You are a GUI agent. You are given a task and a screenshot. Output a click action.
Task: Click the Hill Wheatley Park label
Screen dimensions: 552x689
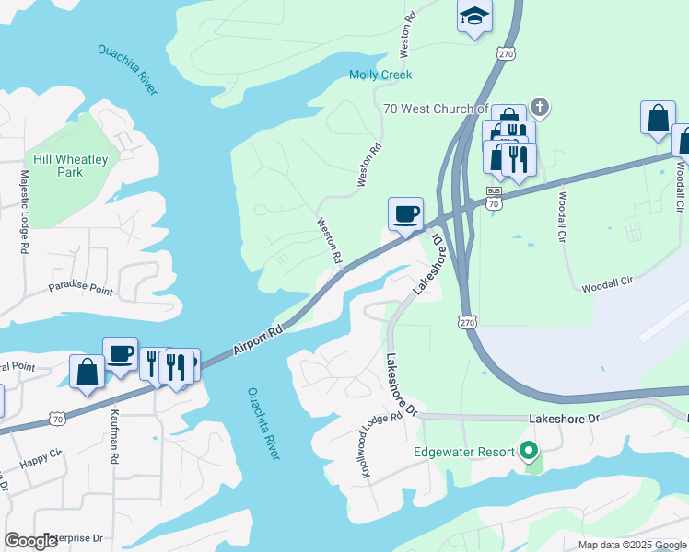click(70, 166)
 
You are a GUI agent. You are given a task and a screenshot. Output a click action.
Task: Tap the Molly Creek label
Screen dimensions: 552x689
click(380, 75)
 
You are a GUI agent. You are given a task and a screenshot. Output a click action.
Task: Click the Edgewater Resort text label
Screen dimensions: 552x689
click(463, 451)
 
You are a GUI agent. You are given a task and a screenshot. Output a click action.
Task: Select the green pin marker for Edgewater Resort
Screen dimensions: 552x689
click(528, 451)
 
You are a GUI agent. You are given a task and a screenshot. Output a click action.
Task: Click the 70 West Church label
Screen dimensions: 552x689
click(435, 109)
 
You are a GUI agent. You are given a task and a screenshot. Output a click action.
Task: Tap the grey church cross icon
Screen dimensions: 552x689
click(540, 108)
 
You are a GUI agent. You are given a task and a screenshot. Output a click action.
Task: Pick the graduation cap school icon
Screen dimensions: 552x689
click(474, 16)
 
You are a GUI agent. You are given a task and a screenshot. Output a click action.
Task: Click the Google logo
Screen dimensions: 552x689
click(31, 540)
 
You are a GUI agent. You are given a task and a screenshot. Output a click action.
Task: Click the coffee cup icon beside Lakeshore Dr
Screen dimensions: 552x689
click(405, 214)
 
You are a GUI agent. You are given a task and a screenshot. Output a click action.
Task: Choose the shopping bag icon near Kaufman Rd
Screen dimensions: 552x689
click(87, 372)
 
